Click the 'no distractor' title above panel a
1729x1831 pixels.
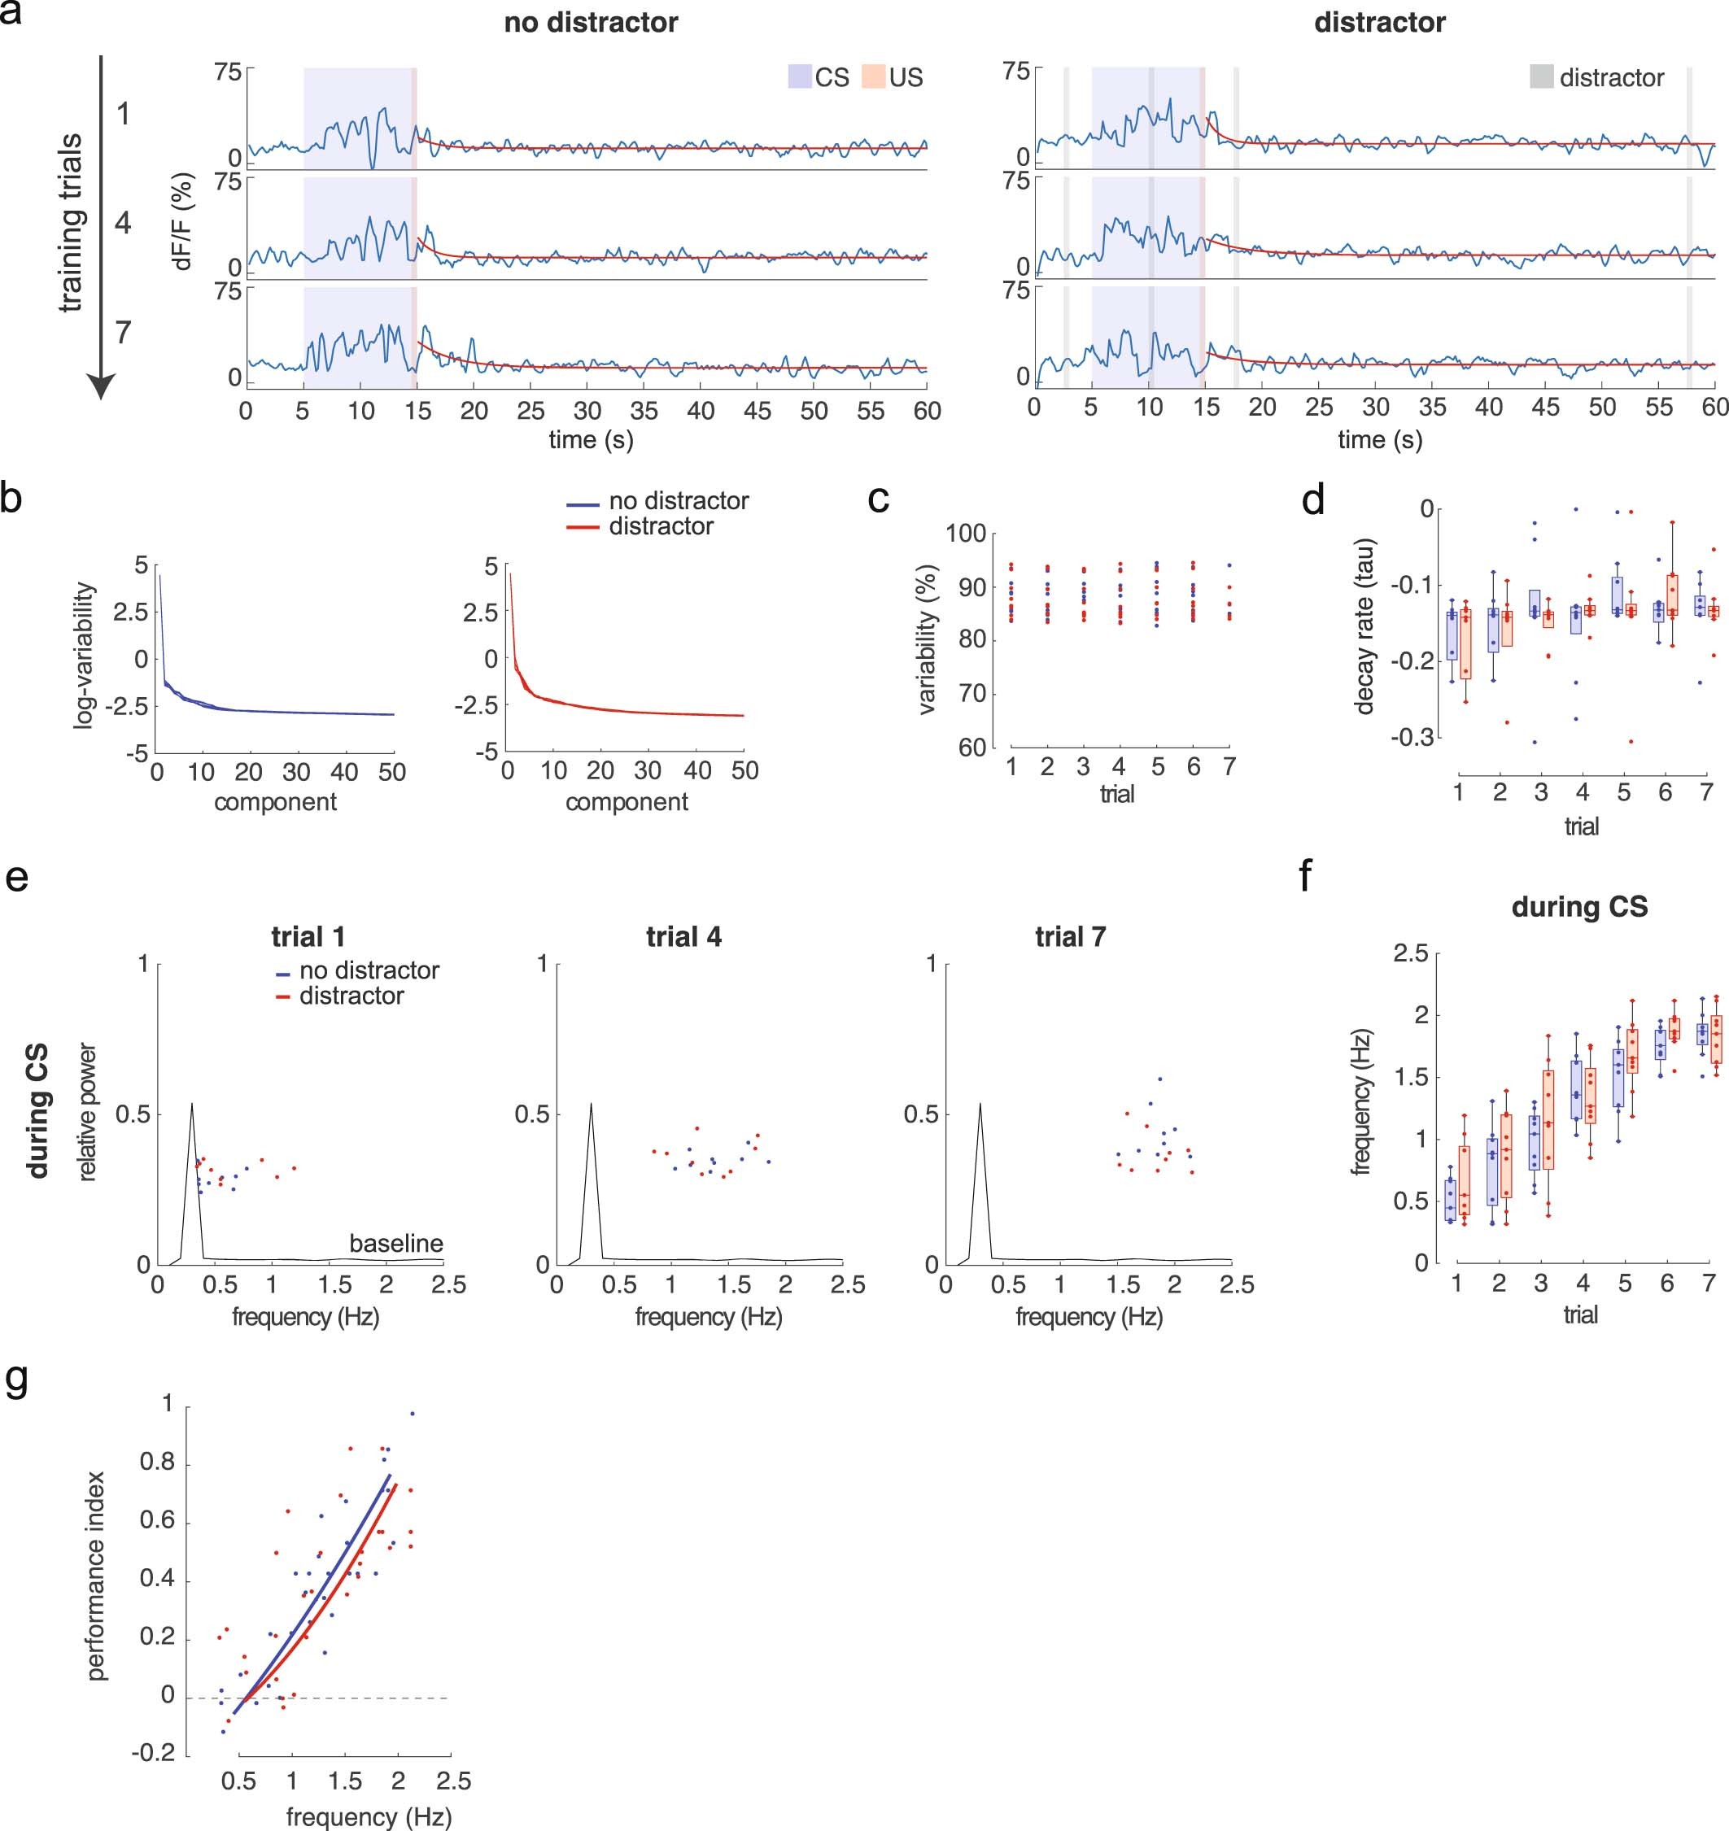[591, 23]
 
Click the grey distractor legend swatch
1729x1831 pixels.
[1541, 76]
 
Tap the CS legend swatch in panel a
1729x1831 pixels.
[799, 76]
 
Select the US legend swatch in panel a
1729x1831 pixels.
[873, 76]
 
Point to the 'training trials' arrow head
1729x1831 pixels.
[102, 387]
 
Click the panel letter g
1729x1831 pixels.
[16, 1380]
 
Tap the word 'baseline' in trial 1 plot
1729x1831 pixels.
[396, 1243]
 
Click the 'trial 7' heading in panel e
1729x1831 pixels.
[1070, 937]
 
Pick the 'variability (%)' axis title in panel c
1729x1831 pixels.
[928, 640]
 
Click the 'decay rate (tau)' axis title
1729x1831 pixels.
[1364, 626]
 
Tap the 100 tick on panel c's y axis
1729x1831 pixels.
[966, 534]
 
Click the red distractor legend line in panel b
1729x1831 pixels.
[583, 527]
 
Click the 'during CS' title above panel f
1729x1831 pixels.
[1578, 908]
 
